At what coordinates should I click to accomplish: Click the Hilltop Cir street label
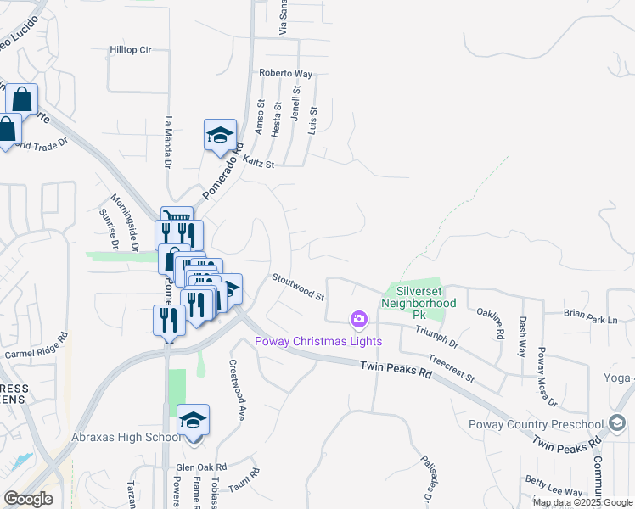tap(130, 50)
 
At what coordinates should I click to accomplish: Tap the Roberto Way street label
tap(286, 73)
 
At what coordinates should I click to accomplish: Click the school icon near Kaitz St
tap(220, 136)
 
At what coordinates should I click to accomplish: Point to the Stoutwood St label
tap(298, 287)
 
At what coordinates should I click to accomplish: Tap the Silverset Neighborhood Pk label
tap(419, 296)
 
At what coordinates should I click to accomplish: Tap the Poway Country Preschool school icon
tap(618, 424)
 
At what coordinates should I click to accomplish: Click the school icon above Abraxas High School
tap(193, 421)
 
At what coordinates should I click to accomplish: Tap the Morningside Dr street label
tap(123, 223)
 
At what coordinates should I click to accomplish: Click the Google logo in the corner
tap(28, 498)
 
